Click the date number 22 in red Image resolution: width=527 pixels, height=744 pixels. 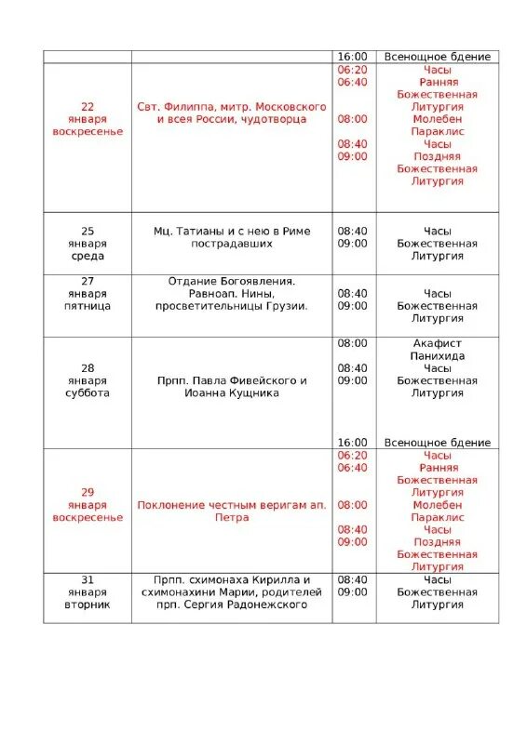click(x=88, y=107)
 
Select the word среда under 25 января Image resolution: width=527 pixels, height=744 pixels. click(x=88, y=256)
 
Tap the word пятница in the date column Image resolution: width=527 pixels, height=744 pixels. click(x=88, y=305)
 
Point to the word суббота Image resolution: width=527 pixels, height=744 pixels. click(x=88, y=392)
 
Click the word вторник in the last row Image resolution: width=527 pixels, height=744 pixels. click(x=88, y=604)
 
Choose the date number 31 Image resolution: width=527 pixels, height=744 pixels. click(x=88, y=579)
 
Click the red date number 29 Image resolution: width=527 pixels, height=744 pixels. click(x=88, y=492)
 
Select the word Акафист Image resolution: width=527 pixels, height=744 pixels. click(x=437, y=343)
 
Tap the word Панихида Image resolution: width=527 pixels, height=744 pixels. click(x=437, y=355)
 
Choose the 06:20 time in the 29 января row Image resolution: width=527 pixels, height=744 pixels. click(x=352, y=455)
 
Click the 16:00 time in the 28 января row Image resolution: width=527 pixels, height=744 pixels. click(x=352, y=443)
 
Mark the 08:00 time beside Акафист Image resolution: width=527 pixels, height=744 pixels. click(x=352, y=343)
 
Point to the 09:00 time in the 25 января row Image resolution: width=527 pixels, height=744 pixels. click(x=352, y=244)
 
